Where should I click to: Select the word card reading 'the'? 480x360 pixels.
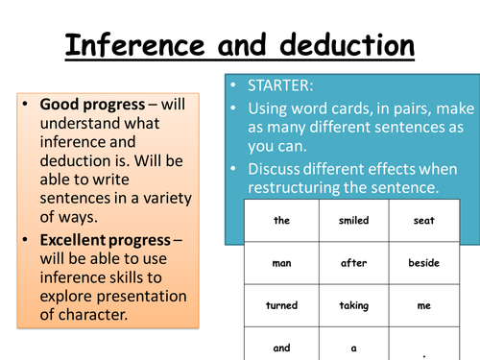click(x=281, y=220)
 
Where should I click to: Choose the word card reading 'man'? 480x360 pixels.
click(x=281, y=262)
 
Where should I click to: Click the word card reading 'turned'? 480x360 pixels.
click(x=281, y=304)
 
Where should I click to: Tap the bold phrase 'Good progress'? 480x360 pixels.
click(x=85, y=105)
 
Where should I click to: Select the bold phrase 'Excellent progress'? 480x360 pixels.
click(x=106, y=239)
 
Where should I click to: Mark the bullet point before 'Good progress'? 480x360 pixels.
click(x=26, y=105)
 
